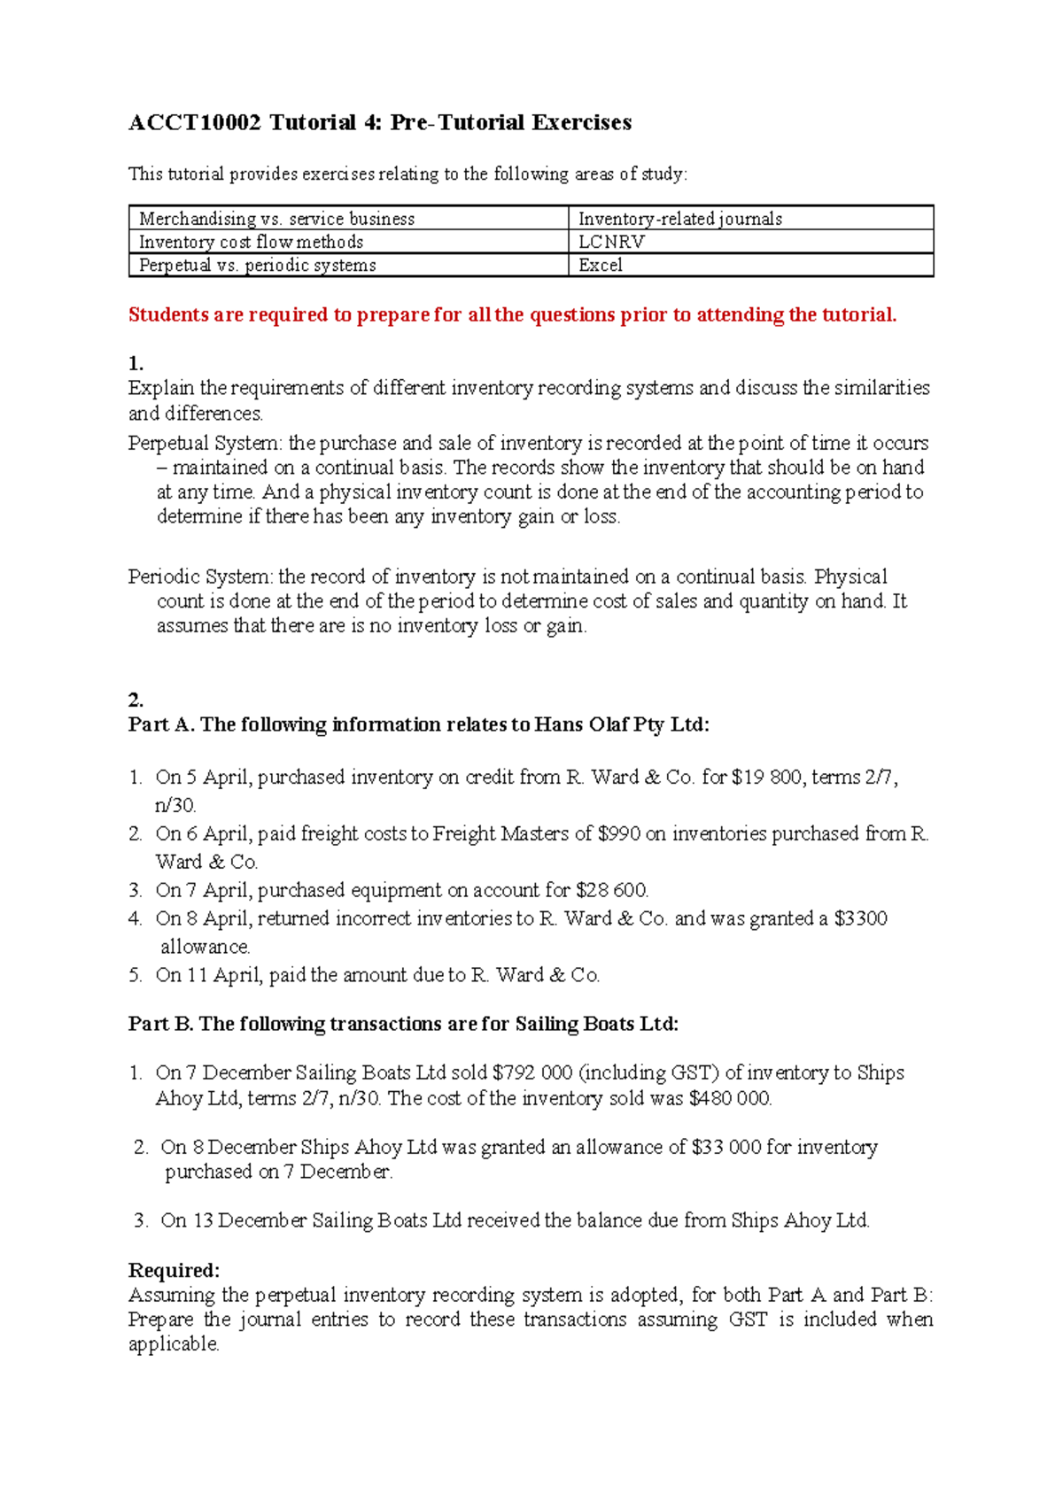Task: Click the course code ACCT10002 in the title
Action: [x=195, y=122]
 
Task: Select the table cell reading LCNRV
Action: [x=611, y=242]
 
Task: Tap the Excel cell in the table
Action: [x=601, y=265]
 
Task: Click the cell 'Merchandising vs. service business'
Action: [x=276, y=219]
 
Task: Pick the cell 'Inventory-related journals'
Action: [x=679, y=219]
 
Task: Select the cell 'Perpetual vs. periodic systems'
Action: [x=258, y=265]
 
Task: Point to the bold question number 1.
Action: [x=136, y=363]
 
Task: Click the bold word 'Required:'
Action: [x=174, y=1270]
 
